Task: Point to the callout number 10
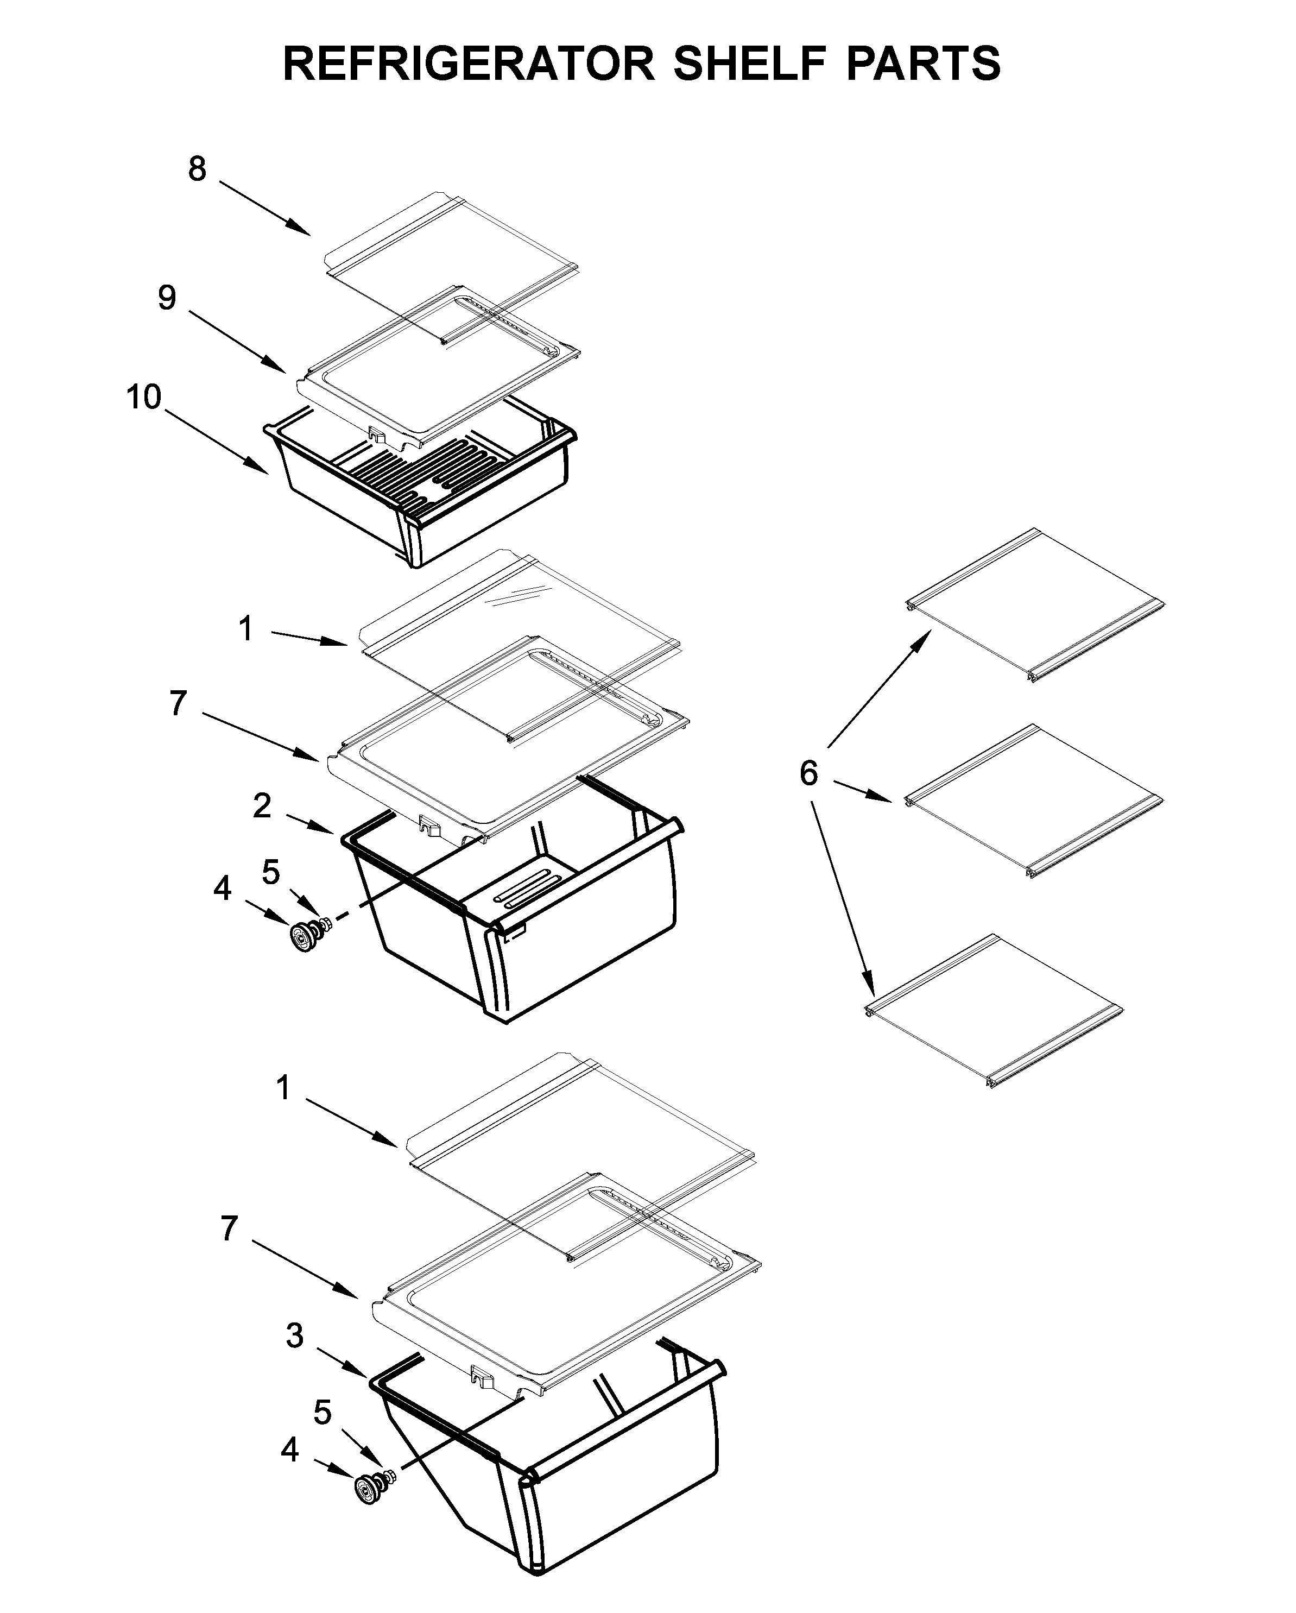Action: pyautogui.click(x=143, y=397)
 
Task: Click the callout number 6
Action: pyautogui.click(x=808, y=773)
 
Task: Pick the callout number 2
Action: pyautogui.click(x=261, y=806)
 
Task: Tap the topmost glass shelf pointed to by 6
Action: pyautogui.click(x=1036, y=602)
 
